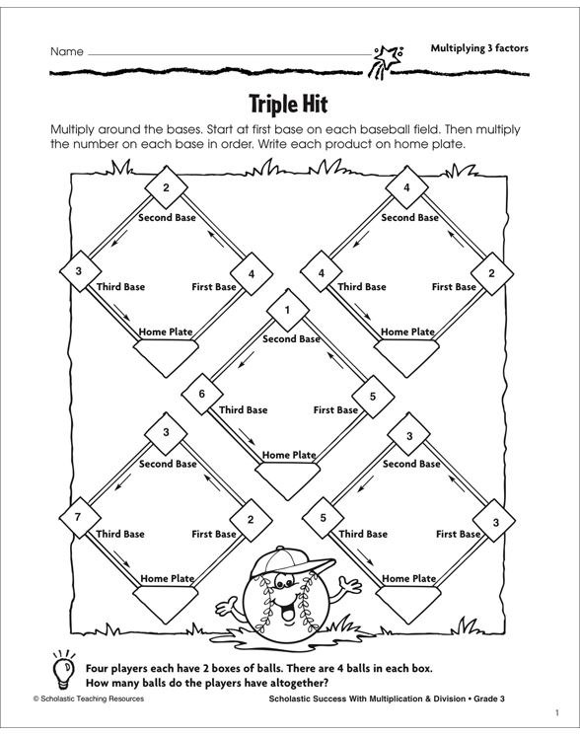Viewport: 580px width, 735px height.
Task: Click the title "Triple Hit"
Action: (x=289, y=105)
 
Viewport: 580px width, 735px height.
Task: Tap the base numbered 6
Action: (x=201, y=393)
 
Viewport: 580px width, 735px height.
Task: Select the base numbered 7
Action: (x=75, y=517)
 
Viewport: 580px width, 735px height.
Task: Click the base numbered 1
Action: (x=286, y=312)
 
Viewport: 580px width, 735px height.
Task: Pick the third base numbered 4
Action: (x=321, y=272)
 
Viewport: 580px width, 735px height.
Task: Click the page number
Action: (x=556, y=713)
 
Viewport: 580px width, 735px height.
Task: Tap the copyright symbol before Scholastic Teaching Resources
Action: (x=35, y=698)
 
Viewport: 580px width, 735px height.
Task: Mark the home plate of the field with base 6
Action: (x=286, y=472)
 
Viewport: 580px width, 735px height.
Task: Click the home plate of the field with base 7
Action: (x=166, y=595)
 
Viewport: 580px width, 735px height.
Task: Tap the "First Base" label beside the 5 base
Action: (x=337, y=408)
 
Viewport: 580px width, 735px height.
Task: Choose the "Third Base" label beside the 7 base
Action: (x=119, y=534)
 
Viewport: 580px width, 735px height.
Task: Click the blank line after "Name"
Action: (x=227, y=53)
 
